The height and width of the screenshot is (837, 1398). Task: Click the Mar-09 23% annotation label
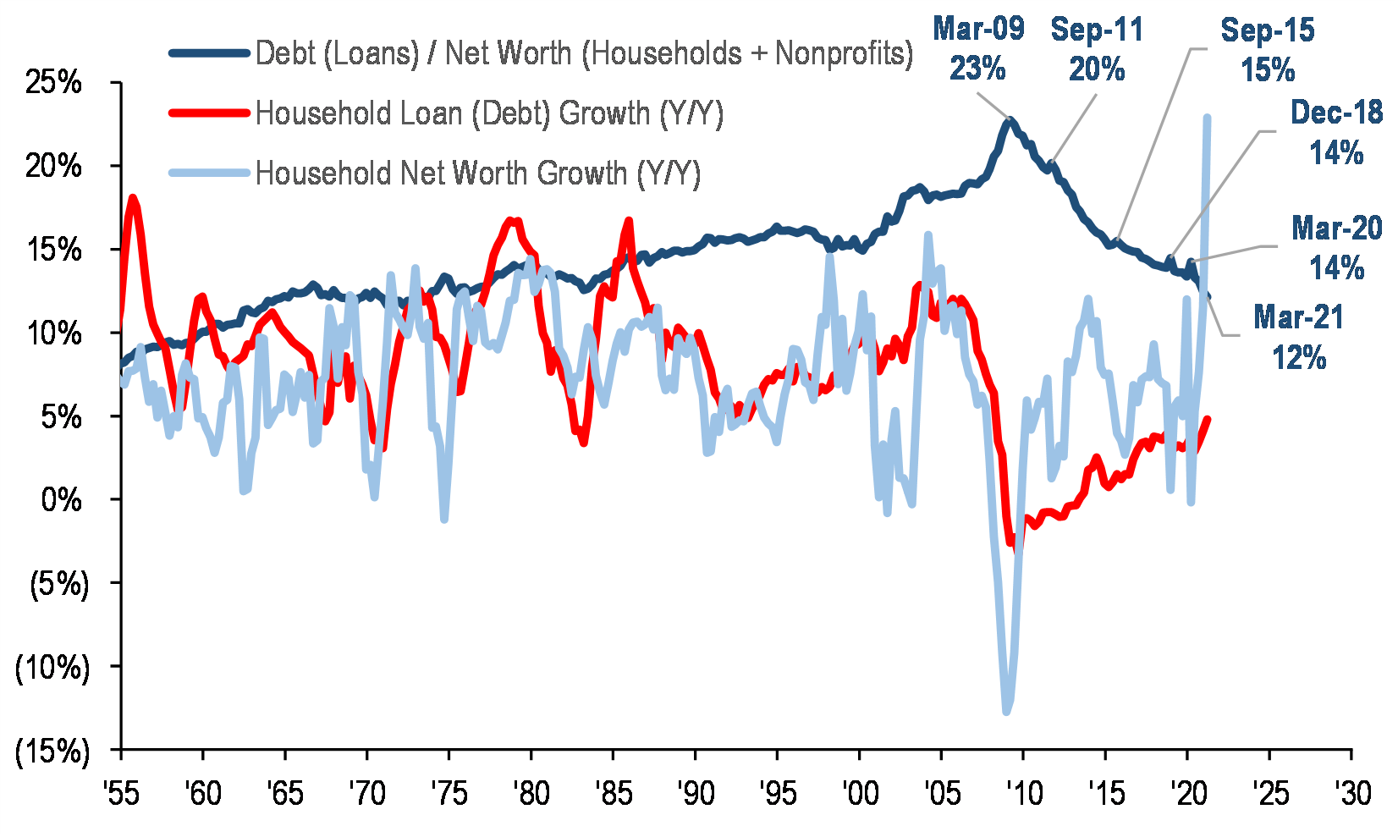[x=978, y=48]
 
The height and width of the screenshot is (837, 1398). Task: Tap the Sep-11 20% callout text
[x=1097, y=48]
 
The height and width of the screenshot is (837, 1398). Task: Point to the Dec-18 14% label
[x=1336, y=133]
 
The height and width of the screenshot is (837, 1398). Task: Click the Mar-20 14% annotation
[x=1336, y=248]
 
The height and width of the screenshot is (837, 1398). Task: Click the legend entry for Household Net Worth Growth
[x=478, y=173]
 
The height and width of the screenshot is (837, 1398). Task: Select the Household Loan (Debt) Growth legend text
[x=489, y=113]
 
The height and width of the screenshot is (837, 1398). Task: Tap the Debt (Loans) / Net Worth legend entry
[x=584, y=53]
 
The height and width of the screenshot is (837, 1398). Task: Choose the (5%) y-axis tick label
[x=58, y=584]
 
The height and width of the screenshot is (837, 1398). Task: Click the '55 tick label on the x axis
[x=121, y=794]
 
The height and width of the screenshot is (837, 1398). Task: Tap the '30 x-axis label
[x=1351, y=794]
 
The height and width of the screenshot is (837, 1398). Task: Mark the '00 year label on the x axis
[x=859, y=794]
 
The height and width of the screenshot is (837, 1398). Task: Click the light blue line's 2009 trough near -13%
[x=1006, y=711]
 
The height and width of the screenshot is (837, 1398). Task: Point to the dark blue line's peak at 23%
[x=1009, y=121]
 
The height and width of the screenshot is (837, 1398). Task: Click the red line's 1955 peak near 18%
[x=133, y=198]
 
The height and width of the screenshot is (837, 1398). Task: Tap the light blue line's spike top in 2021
[x=1207, y=118]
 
